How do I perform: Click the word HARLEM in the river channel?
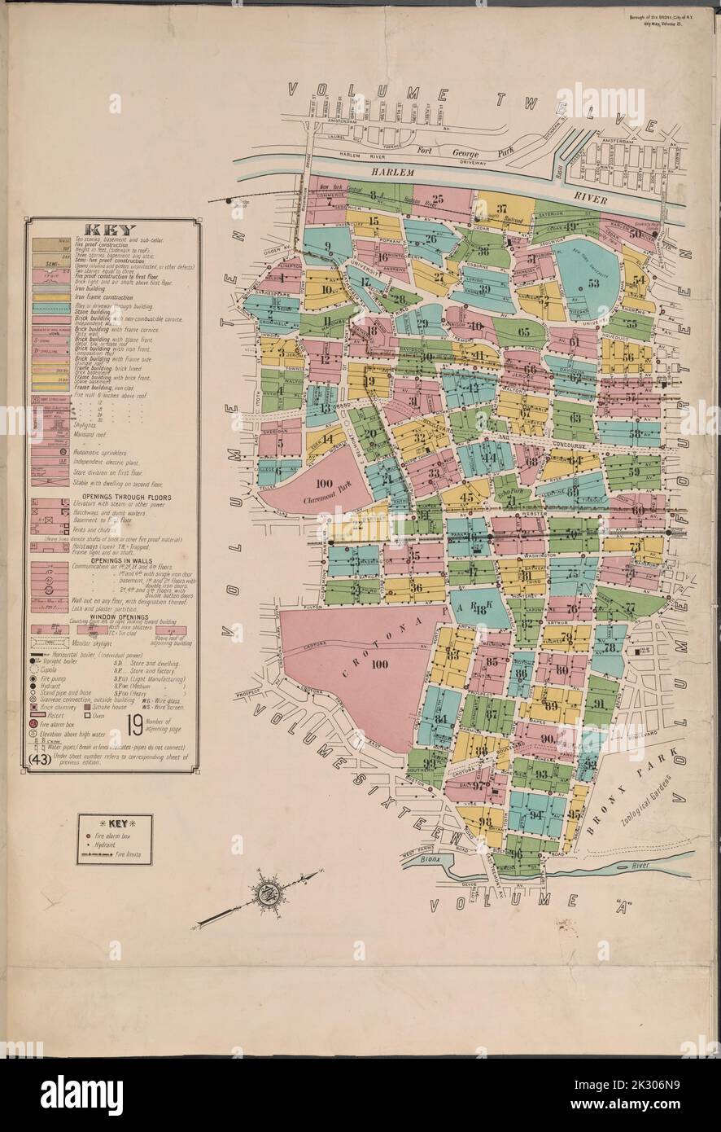(395, 173)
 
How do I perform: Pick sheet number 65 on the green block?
(523, 331)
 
